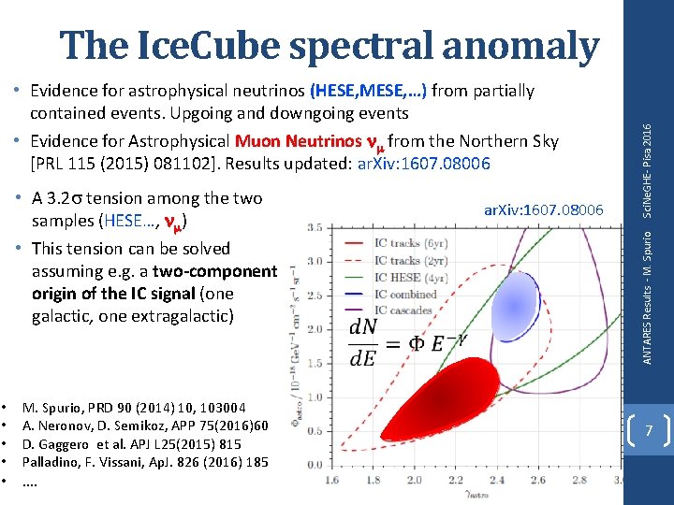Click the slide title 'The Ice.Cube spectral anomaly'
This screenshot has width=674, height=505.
330,45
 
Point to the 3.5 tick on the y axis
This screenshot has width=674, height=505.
315,227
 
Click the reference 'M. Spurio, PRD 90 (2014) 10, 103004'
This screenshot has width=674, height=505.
135,408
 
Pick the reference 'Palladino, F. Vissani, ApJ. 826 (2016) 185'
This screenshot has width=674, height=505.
145,462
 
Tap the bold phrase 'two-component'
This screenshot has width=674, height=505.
217,271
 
